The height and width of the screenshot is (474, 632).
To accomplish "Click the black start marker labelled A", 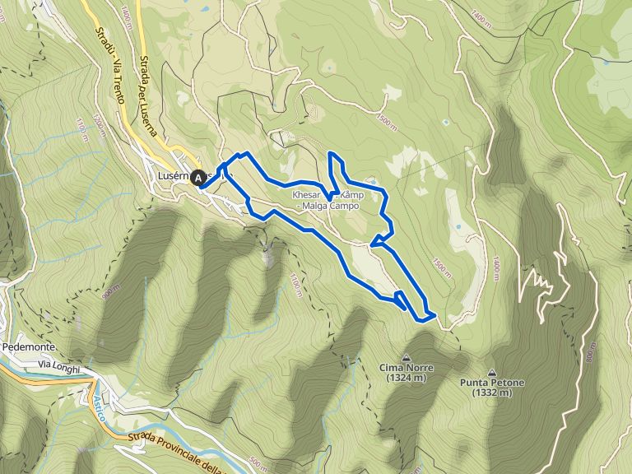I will point(198,177).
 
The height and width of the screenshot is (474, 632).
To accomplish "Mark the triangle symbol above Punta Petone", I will point(492,372).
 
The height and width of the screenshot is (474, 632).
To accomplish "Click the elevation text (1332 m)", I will point(492,393).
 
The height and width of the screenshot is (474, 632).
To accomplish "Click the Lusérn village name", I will point(173,175).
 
